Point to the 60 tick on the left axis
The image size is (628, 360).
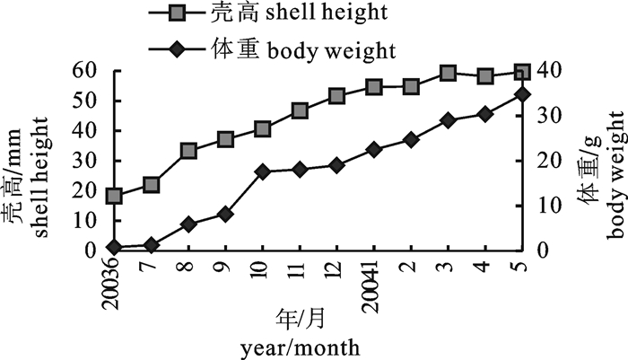pyautogui.click(x=84, y=70)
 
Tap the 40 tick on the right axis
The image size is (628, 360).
pyautogui.click(x=544, y=70)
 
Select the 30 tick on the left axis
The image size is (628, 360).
pyautogui.click(x=84, y=160)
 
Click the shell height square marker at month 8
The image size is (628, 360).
pyautogui.click(x=188, y=151)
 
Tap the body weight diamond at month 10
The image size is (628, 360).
pyautogui.click(x=263, y=171)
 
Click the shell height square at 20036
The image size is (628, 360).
pyautogui.click(x=114, y=196)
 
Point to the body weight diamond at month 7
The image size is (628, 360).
pyautogui.click(x=152, y=244)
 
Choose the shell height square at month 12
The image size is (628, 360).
pyautogui.click(x=337, y=96)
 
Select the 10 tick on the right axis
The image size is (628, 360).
pyautogui.click(x=544, y=205)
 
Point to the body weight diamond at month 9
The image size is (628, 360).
pyautogui.click(x=226, y=214)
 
